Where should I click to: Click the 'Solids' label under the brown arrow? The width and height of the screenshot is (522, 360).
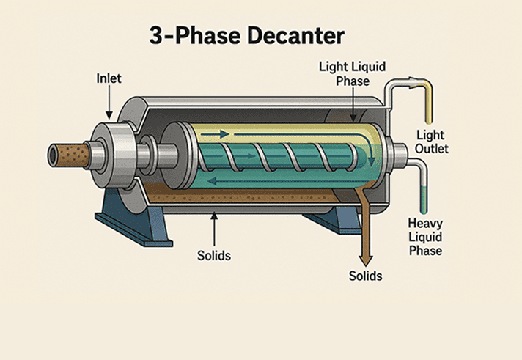pyautogui.click(x=366, y=276)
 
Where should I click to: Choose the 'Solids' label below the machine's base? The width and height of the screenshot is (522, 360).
pyautogui.click(x=214, y=256)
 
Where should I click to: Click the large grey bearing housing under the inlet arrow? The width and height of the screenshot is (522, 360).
pyautogui.click(x=110, y=154)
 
